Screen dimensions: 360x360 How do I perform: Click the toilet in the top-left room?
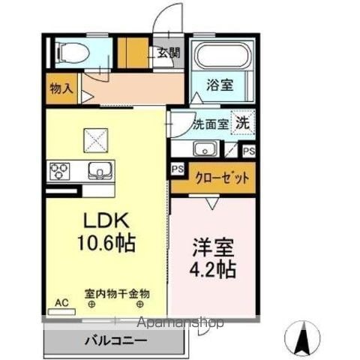click(73, 52)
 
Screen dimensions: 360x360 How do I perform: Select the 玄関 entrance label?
click(169, 52)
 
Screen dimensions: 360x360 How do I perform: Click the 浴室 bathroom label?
click(220, 85)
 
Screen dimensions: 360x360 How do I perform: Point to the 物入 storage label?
click(61, 88)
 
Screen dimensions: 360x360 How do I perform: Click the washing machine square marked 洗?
click(243, 123)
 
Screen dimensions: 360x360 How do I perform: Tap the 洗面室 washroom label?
click(211, 124)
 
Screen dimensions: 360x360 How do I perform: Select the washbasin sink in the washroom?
click(205, 148)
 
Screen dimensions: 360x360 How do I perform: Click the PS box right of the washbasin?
click(249, 151)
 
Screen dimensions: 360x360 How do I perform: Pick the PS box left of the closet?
click(178, 169)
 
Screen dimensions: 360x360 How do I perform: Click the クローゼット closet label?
click(222, 178)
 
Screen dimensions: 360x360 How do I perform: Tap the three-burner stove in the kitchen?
click(59, 171)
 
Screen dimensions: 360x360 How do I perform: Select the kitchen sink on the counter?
click(100, 171)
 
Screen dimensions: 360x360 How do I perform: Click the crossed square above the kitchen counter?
click(96, 140)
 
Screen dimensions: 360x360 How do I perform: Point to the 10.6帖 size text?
click(106, 243)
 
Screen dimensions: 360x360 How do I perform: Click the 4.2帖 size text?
click(213, 269)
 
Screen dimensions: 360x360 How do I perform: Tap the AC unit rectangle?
click(61, 312)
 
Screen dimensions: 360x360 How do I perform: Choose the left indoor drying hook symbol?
click(92, 304)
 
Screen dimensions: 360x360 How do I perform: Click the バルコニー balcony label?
click(115, 340)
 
